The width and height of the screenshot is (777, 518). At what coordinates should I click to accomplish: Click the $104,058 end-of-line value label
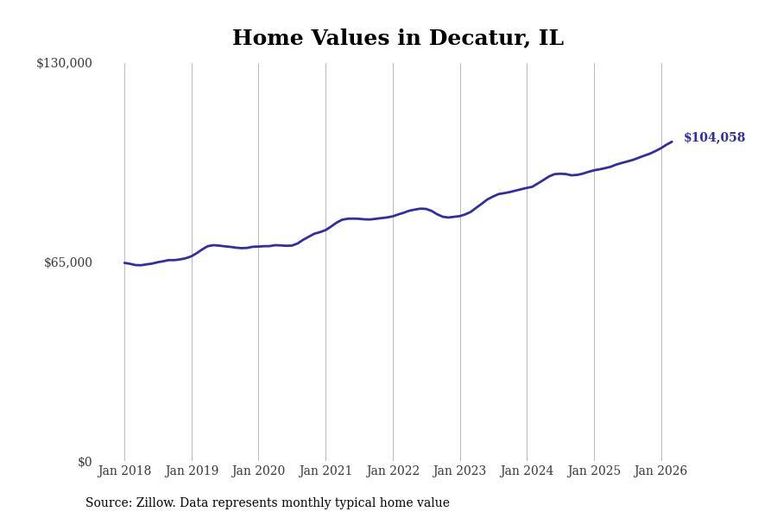point(714,138)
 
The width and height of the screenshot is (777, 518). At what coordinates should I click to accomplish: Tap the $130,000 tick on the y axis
point(64,63)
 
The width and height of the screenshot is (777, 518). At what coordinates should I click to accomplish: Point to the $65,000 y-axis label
point(68,262)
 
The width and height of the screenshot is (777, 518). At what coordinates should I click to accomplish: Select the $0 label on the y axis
point(85,462)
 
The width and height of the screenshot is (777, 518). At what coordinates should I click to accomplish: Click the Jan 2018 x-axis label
point(124,471)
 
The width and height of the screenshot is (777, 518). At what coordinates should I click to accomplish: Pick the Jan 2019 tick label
point(192,471)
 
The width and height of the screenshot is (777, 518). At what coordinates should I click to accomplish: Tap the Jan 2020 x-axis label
point(258,471)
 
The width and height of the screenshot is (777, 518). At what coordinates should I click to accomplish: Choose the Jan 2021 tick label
point(325,471)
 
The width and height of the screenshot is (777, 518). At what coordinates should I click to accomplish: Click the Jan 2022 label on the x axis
point(393,471)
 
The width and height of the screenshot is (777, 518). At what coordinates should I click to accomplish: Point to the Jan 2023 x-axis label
point(459,471)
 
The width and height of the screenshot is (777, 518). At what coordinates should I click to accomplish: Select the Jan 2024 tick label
point(527,471)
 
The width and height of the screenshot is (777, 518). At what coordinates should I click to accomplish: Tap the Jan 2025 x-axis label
point(594,471)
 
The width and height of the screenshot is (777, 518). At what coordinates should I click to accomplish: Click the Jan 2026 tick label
point(660,471)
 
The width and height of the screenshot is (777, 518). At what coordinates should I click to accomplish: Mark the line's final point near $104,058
point(672,142)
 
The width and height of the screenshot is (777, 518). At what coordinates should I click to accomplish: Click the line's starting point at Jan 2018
point(124,262)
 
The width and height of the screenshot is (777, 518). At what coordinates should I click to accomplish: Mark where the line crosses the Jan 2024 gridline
point(527,187)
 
